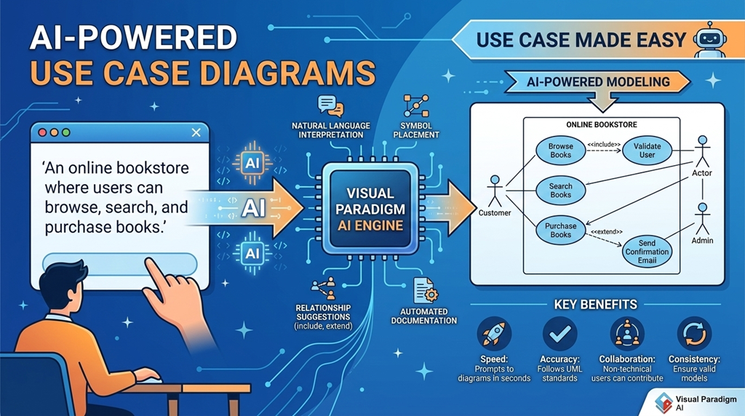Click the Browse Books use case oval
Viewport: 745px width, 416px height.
(560, 151)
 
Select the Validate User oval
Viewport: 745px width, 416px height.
(647, 151)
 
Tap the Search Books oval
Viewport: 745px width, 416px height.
(560, 191)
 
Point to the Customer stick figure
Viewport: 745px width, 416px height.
(495, 191)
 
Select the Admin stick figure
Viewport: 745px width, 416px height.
(702, 218)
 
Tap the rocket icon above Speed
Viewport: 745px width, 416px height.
(494, 334)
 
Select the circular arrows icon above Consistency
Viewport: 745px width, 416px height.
(694, 334)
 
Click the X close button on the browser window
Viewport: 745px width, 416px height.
(195, 132)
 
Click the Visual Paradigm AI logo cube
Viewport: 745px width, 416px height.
(664, 402)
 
